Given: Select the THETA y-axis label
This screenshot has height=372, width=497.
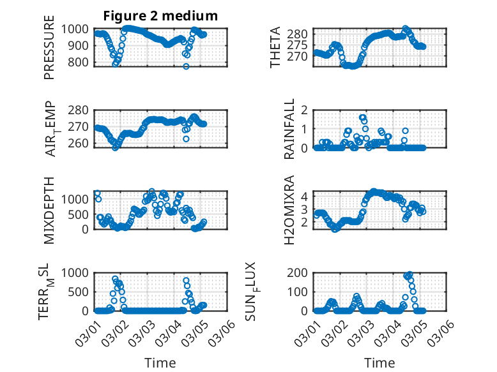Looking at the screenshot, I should pyautogui.click(x=275, y=48).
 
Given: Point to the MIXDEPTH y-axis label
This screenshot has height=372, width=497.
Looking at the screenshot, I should pyautogui.click(x=49, y=210).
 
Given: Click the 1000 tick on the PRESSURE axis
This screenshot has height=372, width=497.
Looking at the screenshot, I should pyautogui.click(x=77, y=29).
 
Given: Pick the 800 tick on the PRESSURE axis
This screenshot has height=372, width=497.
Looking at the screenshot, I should pyautogui.click(x=80, y=63).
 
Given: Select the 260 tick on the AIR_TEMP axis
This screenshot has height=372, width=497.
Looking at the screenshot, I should pyautogui.click(x=80, y=144).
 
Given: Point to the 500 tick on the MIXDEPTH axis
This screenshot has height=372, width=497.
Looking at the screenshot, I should pyautogui.click(x=80, y=214).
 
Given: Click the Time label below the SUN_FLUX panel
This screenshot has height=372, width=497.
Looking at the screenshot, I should pyautogui.click(x=379, y=363).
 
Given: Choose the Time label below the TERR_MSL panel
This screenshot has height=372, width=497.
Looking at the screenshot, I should pyautogui.click(x=160, y=363).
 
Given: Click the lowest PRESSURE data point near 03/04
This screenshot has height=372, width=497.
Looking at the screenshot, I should pyautogui.click(x=187, y=66).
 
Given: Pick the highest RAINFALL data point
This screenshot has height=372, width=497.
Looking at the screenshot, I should pyautogui.click(x=362, y=117).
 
